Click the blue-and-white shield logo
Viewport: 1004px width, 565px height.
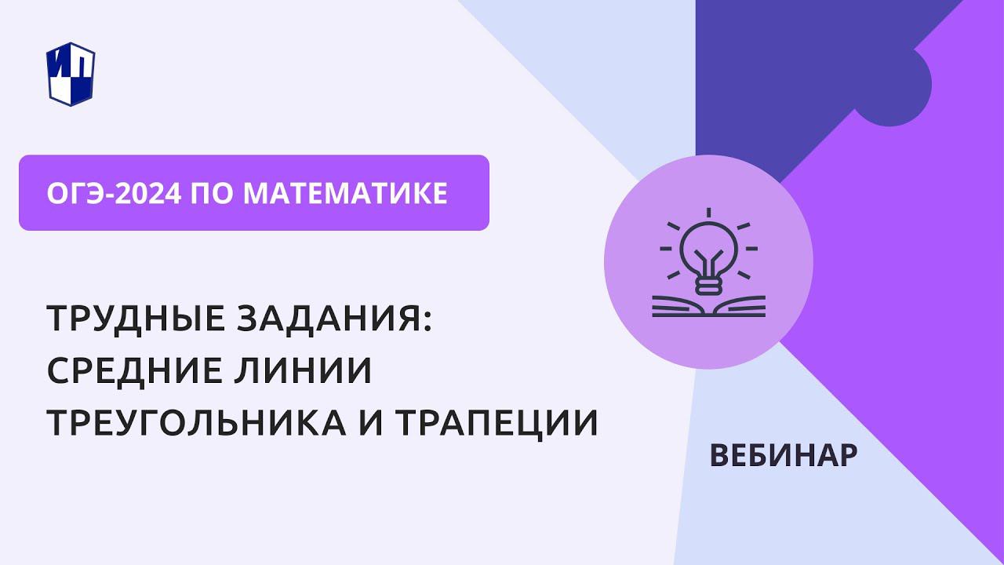click(71, 73)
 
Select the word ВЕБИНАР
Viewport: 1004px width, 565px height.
click(783, 455)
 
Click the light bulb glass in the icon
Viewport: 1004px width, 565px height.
click(708, 247)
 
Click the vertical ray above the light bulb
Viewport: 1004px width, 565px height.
click(708, 213)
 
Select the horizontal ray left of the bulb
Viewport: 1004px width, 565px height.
click(666, 249)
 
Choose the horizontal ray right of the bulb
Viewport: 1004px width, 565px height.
click(751, 249)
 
